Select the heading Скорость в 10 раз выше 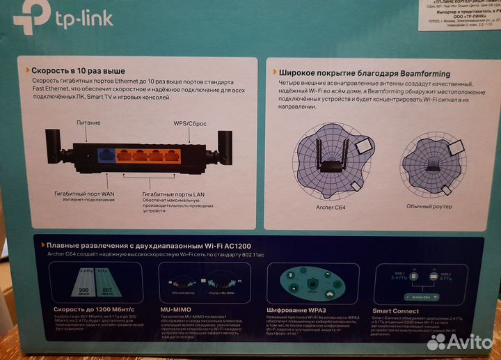79,70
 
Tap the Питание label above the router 88,123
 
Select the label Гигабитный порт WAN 86,189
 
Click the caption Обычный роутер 430,206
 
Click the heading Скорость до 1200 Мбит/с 86,311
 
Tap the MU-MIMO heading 177,311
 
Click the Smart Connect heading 395,311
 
